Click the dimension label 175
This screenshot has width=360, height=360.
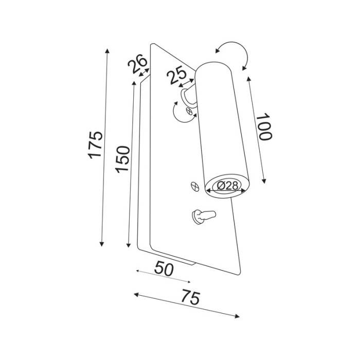coord(96,145)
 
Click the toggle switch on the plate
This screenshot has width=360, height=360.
coord(202,217)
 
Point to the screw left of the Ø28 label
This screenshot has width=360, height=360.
coord(194,186)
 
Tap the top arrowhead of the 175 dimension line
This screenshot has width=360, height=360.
coord(107,50)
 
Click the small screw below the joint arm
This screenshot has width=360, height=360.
coord(190,111)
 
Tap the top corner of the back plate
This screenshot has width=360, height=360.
coord(151,45)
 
